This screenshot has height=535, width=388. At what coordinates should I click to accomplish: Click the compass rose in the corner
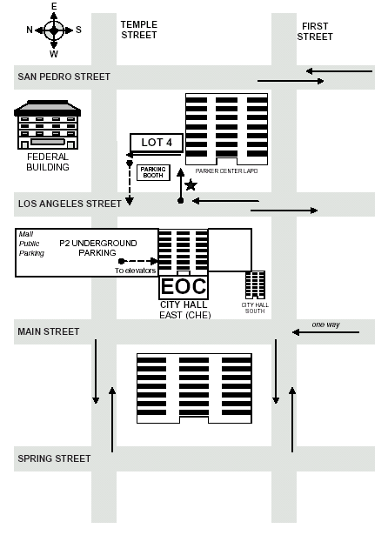[54, 30]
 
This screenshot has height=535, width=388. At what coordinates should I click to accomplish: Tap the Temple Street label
[139, 30]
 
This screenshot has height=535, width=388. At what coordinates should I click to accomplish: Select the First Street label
[315, 31]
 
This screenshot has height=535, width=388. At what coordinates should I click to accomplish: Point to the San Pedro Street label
[64, 77]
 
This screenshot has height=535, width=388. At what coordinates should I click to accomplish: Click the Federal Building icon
[48, 124]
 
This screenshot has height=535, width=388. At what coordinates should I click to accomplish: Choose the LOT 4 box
[157, 143]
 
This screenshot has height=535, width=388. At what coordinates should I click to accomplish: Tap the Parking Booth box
[153, 172]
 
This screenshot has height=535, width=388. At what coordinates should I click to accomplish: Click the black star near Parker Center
[191, 185]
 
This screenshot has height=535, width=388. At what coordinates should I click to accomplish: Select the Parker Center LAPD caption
[226, 171]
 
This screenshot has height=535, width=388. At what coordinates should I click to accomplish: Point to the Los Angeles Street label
[70, 204]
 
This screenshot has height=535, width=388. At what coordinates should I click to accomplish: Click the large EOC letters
[184, 286]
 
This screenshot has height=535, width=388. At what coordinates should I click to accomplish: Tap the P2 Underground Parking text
[98, 248]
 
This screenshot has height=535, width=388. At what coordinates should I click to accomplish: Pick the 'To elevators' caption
[135, 271]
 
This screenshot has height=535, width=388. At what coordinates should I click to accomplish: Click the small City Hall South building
[255, 285]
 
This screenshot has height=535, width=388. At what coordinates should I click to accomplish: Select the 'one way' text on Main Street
[325, 324]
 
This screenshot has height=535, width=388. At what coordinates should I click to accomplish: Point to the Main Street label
[49, 331]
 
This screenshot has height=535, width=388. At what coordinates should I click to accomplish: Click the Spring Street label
[54, 458]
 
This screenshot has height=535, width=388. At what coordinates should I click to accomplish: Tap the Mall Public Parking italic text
[31, 244]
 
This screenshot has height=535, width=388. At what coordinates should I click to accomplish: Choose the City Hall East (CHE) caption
[184, 310]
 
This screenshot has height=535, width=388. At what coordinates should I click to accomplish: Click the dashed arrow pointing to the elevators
[138, 261]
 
